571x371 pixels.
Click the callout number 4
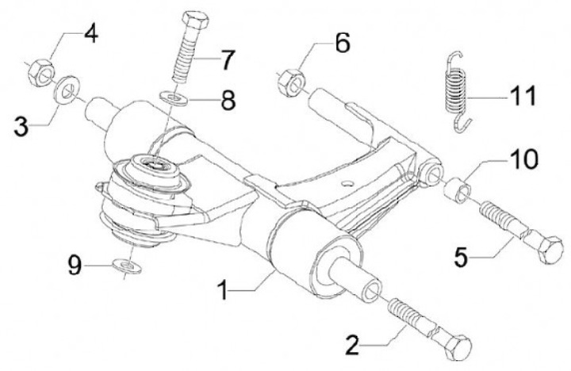point(91,33)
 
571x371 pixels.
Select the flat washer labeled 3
point(67,90)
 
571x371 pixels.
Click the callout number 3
point(21,126)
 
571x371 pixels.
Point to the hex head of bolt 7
point(194,20)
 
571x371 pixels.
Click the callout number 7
point(228,59)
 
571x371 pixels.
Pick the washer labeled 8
point(174,98)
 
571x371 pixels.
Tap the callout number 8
point(228,100)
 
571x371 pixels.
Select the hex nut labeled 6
point(291,83)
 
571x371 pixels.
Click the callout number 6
point(343,44)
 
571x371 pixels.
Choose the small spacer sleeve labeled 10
point(458,189)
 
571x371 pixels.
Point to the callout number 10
point(523,159)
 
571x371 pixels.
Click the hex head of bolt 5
point(549,250)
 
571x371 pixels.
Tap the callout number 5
point(461,258)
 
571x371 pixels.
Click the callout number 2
point(352,346)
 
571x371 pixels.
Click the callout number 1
point(223,291)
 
